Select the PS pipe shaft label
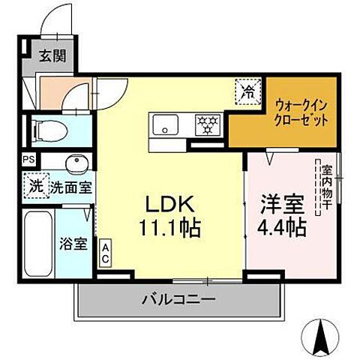28,160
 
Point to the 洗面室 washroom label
71,187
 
